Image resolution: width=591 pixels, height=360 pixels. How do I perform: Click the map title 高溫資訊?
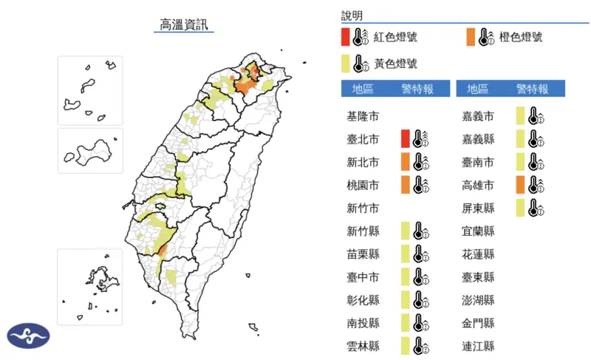pos(186,24)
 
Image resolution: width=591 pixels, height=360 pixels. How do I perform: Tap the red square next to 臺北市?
pos(405,138)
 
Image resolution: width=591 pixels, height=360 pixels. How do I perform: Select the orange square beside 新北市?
pos(405,161)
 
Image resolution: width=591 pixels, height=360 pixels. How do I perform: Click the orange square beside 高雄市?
pos(520,184)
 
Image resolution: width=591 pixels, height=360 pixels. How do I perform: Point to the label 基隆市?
pos(363,116)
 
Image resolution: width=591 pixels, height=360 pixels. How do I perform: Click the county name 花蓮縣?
pos(478,254)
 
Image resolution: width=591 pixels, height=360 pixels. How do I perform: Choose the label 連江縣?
pos(478,346)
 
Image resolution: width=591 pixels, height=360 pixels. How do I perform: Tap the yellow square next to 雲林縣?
pos(405,345)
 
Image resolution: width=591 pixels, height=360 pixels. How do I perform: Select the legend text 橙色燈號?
pos(521,37)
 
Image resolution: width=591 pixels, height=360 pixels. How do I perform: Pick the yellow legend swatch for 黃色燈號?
pos(345,64)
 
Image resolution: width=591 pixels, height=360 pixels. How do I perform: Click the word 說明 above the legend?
pos(352,16)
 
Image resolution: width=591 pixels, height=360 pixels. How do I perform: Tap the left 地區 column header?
pos(363,89)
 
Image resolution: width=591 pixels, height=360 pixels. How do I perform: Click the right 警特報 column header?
pos(532,89)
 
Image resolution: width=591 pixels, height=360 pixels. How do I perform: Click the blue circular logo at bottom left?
pos(28,336)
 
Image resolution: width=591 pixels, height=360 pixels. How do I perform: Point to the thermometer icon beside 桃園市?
pos(420,184)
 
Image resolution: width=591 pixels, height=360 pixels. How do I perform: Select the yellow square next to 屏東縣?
pos(520,208)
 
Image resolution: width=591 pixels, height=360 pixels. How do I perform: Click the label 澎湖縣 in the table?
pos(478,299)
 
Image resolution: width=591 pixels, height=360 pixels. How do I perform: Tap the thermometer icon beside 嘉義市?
pos(536,116)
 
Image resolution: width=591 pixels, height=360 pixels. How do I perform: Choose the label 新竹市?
pos(363,208)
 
